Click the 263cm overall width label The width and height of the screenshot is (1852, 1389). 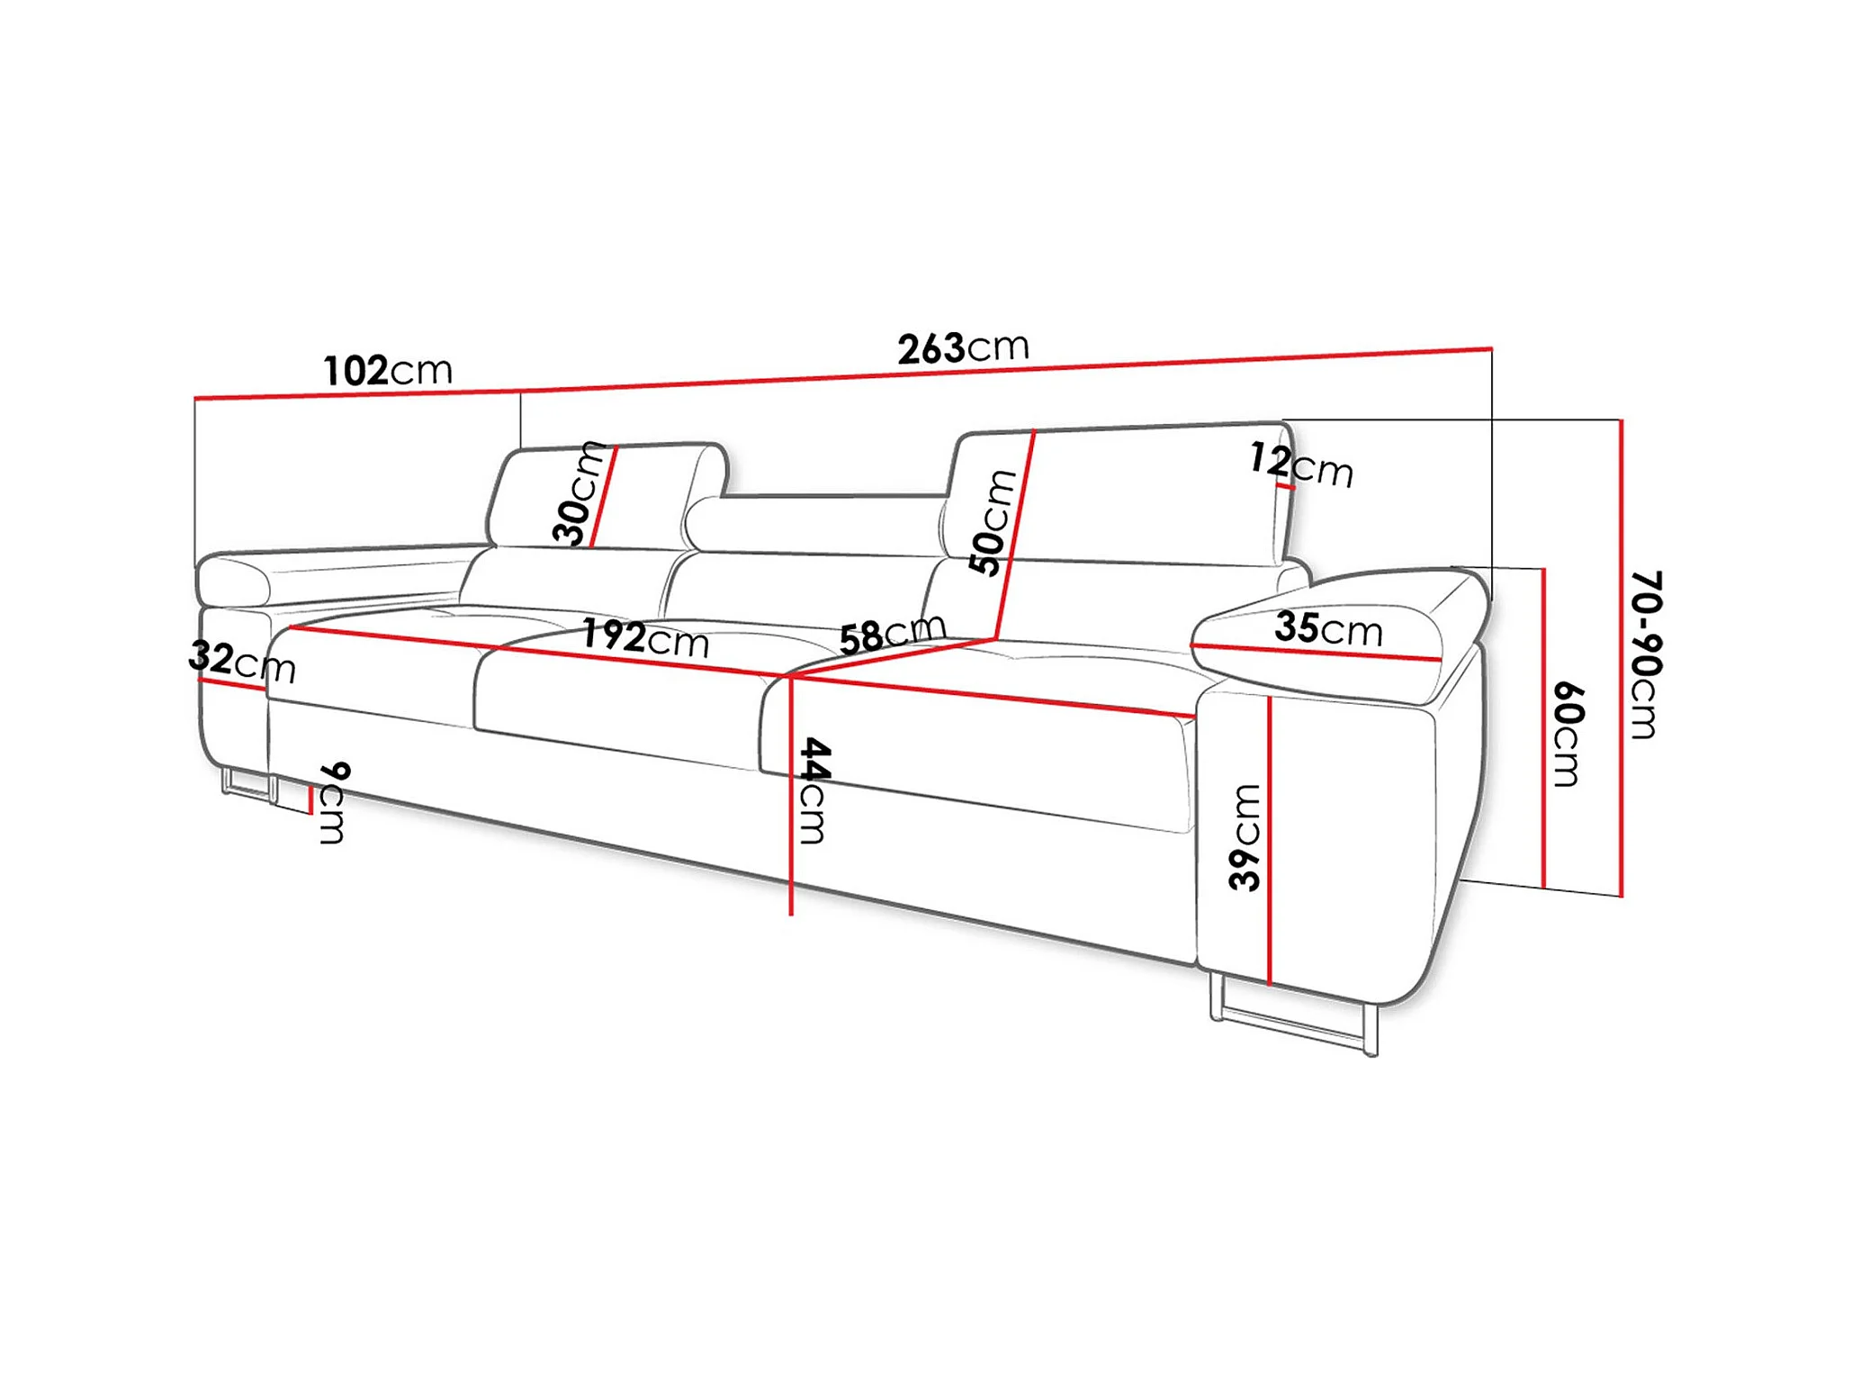click(x=962, y=347)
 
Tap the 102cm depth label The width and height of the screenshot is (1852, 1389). click(x=387, y=370)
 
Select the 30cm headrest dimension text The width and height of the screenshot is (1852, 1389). click(x=577, y=494)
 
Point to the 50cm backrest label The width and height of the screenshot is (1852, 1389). click(x=992, y=522)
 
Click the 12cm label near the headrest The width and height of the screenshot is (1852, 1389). click(x=1301, y=465)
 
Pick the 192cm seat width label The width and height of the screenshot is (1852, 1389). click(x=645, y=637)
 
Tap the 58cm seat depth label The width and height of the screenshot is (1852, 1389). click(x=891, y=634)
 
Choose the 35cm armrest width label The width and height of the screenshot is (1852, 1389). click(x=1328, y=627)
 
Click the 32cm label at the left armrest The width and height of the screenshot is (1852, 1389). click(x=241, y=662)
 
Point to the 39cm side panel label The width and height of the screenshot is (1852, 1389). click(x=1245, y=837)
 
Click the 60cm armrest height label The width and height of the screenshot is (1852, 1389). click(x=1569, y=734)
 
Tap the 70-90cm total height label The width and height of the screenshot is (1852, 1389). click(x=1646, y=654)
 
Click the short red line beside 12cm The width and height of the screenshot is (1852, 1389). click(x=1286, y=487)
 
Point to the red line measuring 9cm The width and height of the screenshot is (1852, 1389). click(x=311, y=798)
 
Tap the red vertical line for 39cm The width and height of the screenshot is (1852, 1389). click(x=1269, y=837)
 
